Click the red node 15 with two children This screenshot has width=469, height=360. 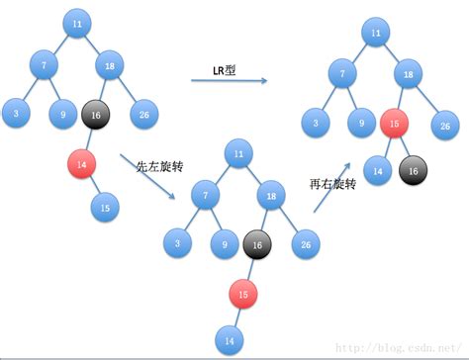(396, 126)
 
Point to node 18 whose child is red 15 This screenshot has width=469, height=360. (408, 74)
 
